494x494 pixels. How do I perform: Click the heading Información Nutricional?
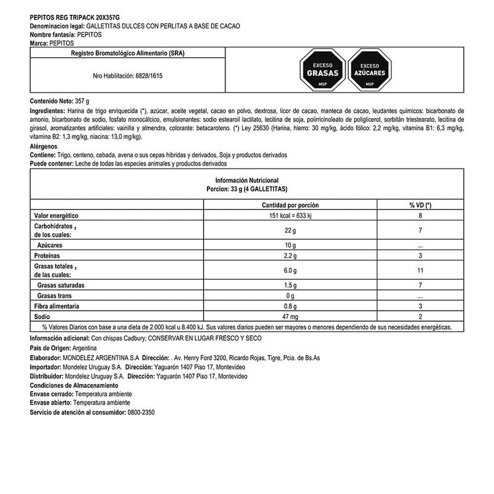pos(247,179)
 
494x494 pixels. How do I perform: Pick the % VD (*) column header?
pos(420,204)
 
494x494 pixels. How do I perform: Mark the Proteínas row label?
pos(49,256)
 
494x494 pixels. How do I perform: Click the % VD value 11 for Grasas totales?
pos(420,270)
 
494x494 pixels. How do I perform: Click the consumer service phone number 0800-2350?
pos(141,411)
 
